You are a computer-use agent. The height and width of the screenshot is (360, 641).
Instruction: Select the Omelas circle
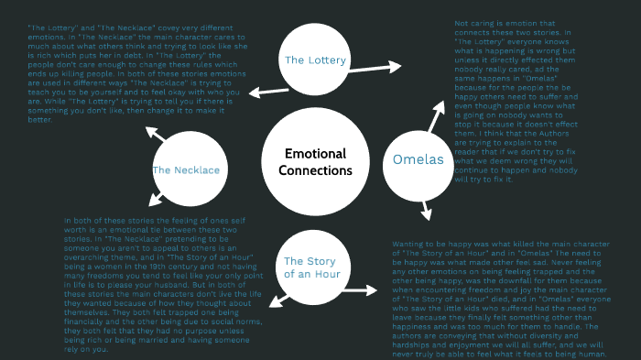coord(418,159)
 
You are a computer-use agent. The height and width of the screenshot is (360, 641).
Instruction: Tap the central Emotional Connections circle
coord(318,162)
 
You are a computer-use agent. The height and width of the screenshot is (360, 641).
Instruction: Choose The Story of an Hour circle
coord(311,266)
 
